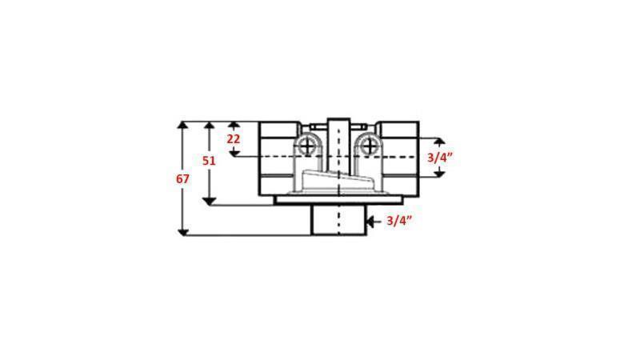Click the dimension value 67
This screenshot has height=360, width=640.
pos(182,179)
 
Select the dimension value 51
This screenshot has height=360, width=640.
pos(209,161)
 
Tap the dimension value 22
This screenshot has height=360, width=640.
pos(234,138)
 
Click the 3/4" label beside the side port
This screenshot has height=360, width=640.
pos(440,158)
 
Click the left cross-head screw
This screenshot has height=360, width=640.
pos(307,146)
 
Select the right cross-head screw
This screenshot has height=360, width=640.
pos(369,146)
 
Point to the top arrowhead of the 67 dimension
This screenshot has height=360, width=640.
pos(183,125)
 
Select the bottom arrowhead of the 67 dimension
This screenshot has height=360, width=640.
pos(183,232)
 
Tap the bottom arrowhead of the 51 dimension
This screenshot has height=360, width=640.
pos(209,201)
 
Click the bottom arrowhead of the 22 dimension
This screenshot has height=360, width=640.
pos(234,152)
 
